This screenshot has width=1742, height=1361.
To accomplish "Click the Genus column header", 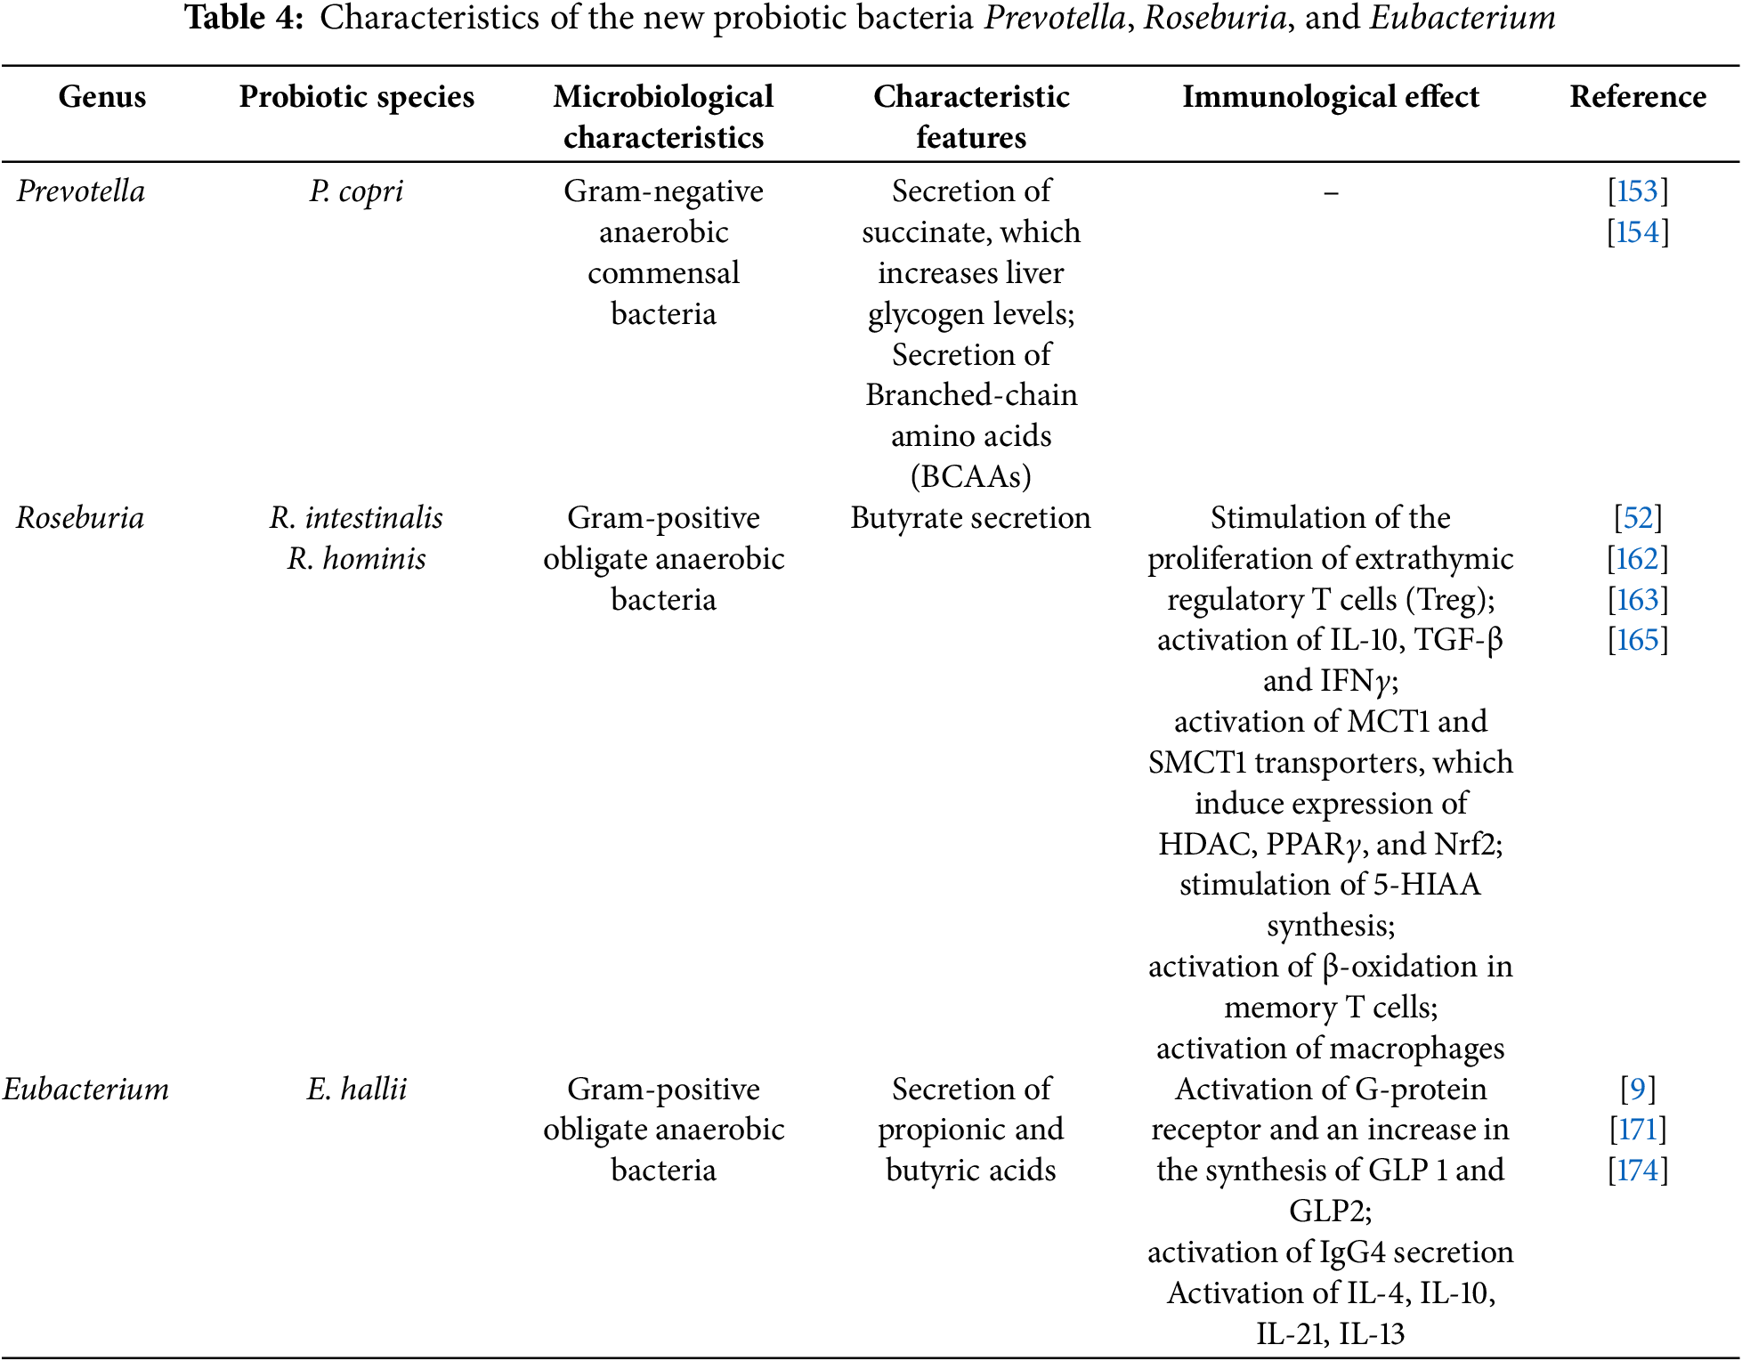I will point(101,96).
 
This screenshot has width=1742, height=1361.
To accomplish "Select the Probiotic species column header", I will point(356,96).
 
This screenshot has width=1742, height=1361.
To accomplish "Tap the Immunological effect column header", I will point(1330,96).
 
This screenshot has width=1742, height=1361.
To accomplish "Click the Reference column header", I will point(1638,96).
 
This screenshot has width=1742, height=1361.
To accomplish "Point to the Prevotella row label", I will point(80,191).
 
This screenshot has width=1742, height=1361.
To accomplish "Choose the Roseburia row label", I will point(80,518).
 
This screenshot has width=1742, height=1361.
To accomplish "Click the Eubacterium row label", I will point(85,1090).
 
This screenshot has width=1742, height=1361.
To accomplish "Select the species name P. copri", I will point(356,191).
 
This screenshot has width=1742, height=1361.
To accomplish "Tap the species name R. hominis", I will point(356,559).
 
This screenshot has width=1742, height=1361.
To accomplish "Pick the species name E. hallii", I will point(356,1090).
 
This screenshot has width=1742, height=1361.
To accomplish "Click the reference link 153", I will point(1638,191).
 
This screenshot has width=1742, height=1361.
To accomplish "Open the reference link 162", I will point(1638,559).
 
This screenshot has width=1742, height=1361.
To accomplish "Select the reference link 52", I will point(1638,518).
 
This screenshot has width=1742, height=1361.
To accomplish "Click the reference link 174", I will point(1638,1171).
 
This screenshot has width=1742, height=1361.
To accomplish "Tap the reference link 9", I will point(1638,1090).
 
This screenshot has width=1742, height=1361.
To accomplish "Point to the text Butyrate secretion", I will point(970,518).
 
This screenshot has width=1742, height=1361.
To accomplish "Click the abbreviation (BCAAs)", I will point(970,477).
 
